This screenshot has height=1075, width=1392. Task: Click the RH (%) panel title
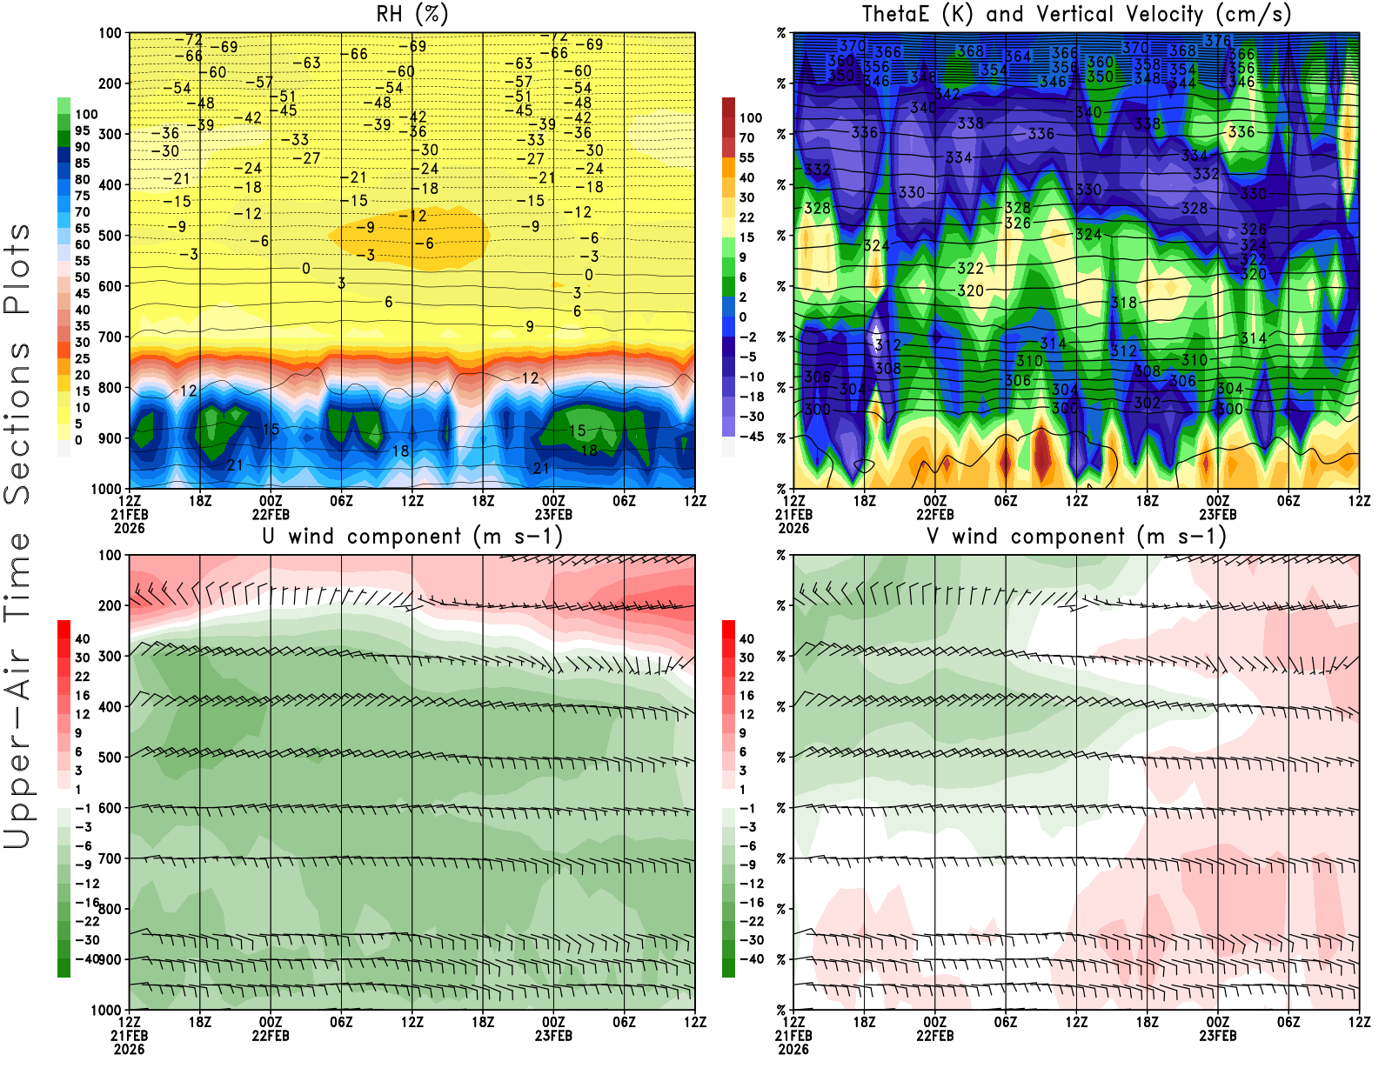coord(412,14)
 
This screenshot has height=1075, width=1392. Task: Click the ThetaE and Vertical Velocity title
coord(1076,14)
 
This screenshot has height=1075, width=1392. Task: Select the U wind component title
coord(412,536)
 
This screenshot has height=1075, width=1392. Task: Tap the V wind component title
coord(1076,536)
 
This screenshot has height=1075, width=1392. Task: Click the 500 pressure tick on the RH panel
coord(110,236)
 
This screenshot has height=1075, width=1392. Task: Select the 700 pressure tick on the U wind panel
coord(110,858)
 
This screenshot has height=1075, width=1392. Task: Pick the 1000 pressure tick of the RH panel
coord(106,489)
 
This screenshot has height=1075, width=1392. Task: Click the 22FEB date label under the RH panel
coord(271,514)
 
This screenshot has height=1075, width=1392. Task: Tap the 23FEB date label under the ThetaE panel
coord(1218,514)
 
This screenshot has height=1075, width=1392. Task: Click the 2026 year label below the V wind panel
coord(793,1049)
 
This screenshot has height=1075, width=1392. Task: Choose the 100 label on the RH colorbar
coord(86,114)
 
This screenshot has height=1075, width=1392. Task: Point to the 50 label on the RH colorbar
coord(83,277)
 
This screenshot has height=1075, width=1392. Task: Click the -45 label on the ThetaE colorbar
coord(751,437)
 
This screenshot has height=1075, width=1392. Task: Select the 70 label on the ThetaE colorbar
coord(746,137)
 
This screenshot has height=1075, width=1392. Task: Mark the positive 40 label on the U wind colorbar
coord(83,638)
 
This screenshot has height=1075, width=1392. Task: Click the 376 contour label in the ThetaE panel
coord(1217,41)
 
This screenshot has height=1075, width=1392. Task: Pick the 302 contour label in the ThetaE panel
coord(1147,403)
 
